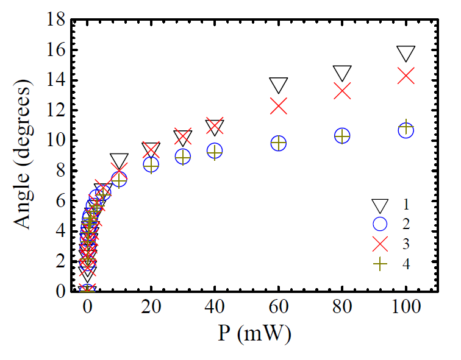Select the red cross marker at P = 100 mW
[406, 76]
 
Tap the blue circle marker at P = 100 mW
[406, 130]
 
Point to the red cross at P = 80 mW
[342, 91]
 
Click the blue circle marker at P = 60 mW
[279, 143]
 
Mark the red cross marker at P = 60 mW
[279, 106]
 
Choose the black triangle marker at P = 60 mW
[279, 85]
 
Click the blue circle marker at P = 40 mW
[215, 150]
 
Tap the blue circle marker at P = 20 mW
[151, 164]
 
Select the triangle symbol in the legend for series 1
[380, 204]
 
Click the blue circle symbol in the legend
[380, 224]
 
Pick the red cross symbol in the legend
[380, 244]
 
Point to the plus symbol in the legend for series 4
[380, 264]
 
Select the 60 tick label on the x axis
[279, 308]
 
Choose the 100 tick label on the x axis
[406, 308]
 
